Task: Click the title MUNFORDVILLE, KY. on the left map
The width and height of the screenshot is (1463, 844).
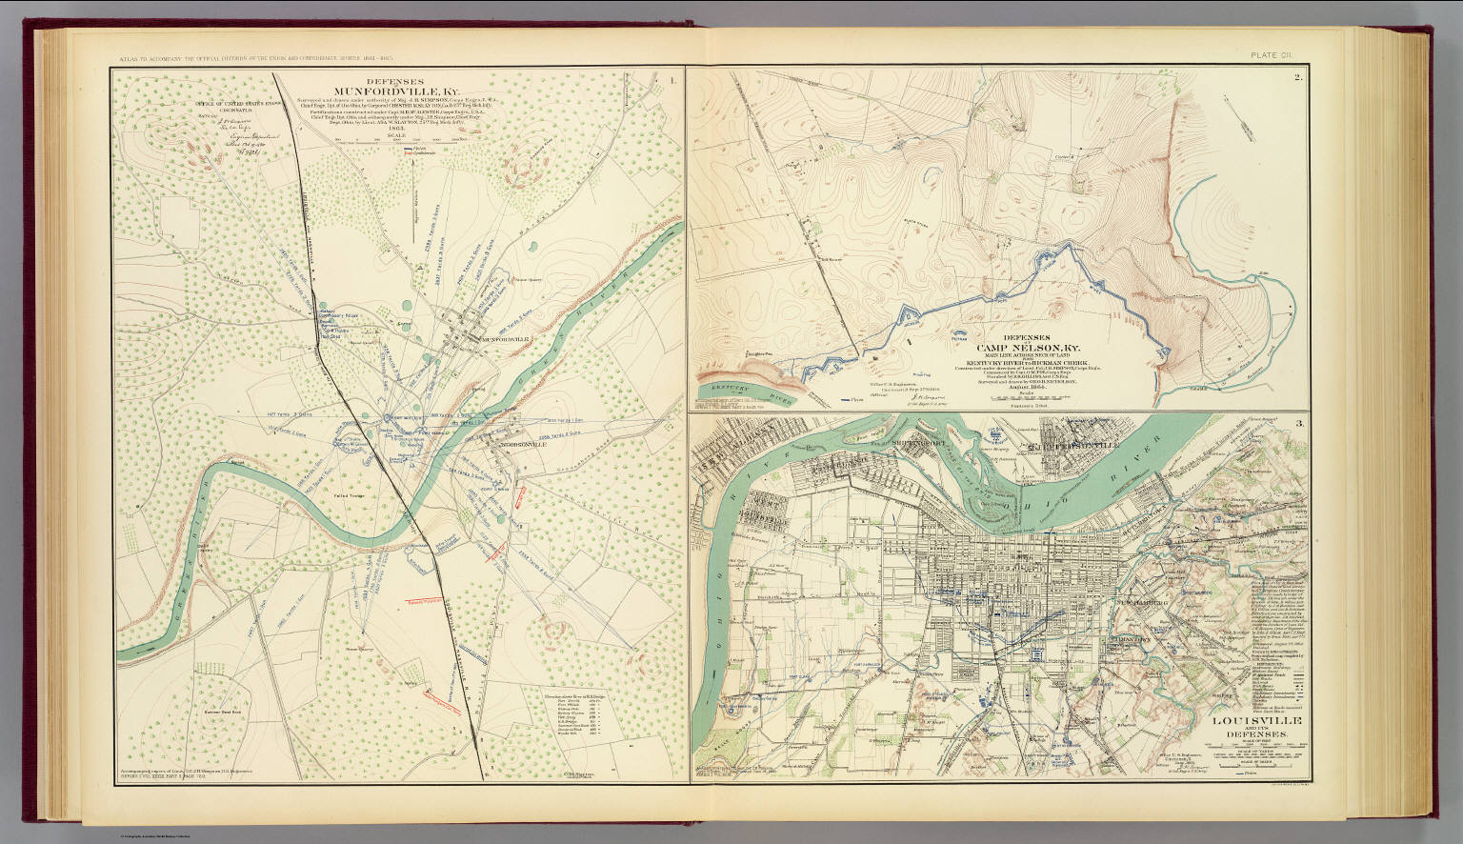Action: click(x=396, y=93)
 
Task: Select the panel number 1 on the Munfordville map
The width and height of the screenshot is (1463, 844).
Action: click(x=673, y=80)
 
